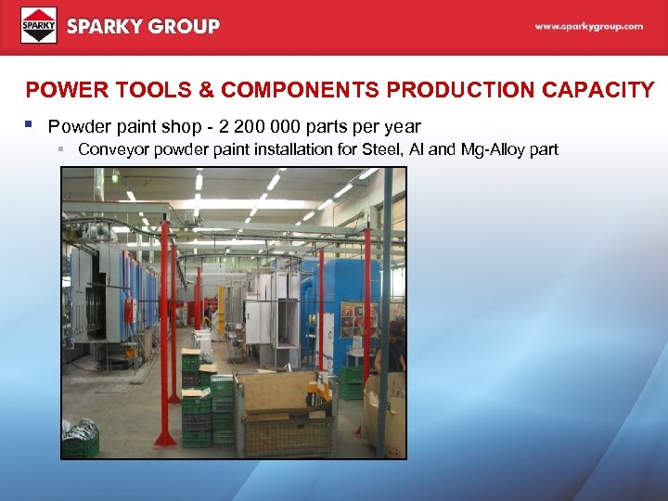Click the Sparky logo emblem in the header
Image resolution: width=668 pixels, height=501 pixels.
[x=39, y=26]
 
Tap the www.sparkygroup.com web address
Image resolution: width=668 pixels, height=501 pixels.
[x=588, y=27]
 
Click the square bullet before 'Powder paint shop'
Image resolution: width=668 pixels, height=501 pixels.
[x=31, y=124]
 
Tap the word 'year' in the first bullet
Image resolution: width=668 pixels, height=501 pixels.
[x=402, y=126]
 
